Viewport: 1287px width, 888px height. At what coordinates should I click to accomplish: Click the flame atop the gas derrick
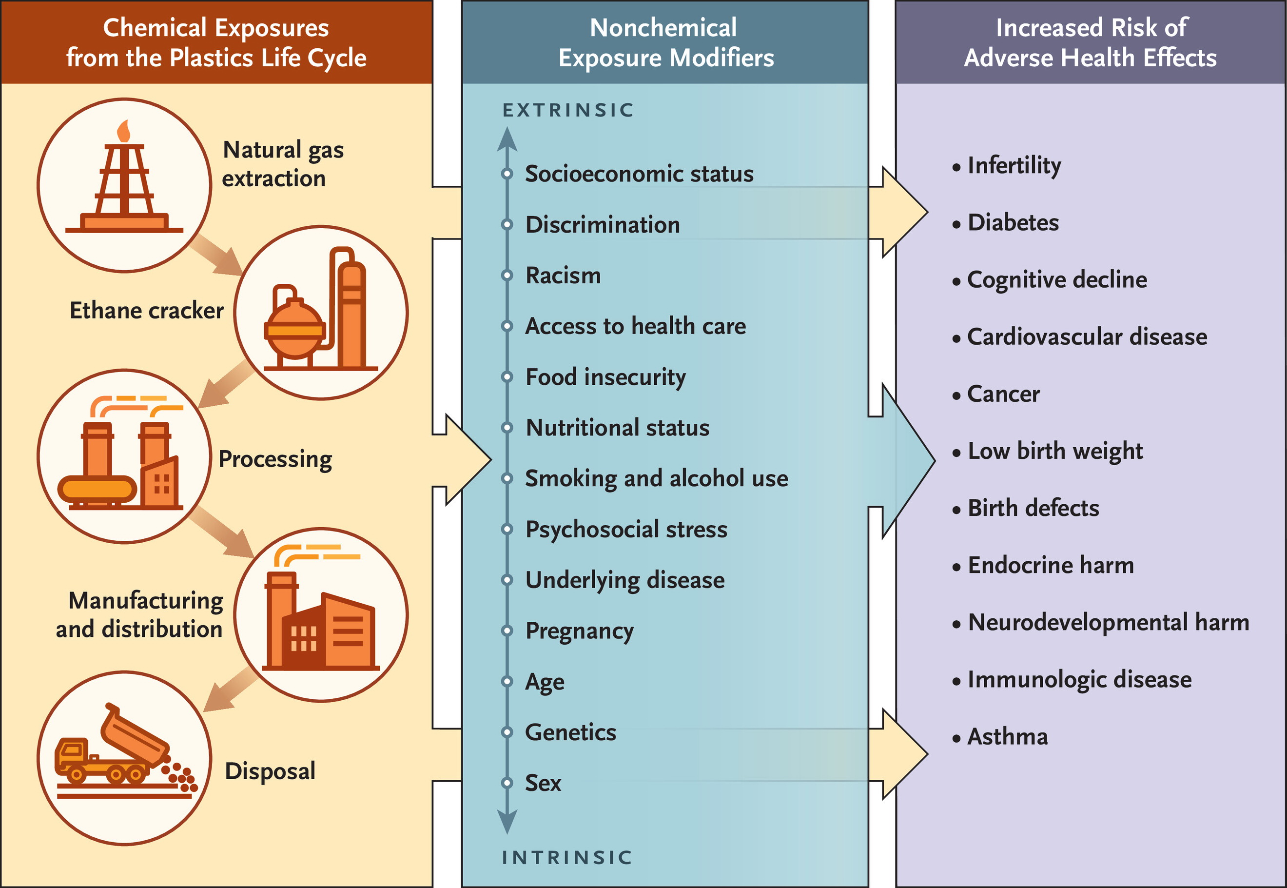tap(123, 131)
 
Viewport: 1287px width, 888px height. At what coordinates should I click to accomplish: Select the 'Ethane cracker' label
tap(147, 311)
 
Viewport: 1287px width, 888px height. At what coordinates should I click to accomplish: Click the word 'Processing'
tap(275, 459)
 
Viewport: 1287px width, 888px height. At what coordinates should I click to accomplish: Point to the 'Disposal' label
tap(270, 771)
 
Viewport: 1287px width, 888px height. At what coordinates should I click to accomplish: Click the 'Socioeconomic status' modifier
tap(640, 174)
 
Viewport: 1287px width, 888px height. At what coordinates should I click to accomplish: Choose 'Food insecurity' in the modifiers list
tap(605, 377)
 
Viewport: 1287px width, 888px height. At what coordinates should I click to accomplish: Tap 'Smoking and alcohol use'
tap(657, 478)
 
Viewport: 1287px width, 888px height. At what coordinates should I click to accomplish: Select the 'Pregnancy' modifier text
tap(580, 631)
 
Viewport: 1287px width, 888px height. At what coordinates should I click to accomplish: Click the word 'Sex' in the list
tap(544, 783)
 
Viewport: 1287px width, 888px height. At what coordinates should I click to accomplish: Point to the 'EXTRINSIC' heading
tap(568, 110)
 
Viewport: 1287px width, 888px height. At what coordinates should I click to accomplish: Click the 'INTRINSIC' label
tap(567, 857)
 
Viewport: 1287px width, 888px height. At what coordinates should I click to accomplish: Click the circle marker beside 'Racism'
tap(507, 276)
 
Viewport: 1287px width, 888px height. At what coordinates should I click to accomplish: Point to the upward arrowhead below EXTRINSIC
tap(507, 139)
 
